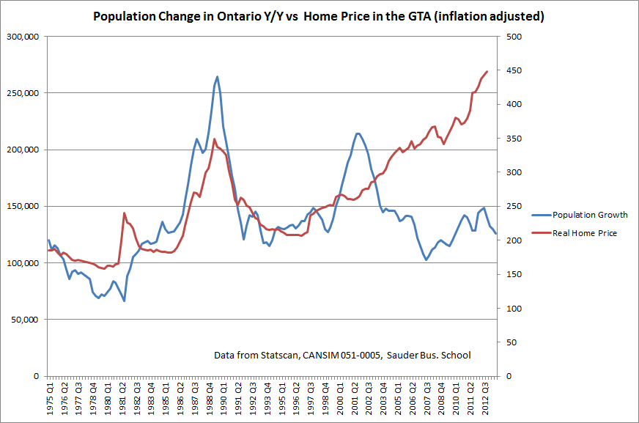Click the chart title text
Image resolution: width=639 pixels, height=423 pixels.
319,15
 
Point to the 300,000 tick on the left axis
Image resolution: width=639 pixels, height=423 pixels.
23,37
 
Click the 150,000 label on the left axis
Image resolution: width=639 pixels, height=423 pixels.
23,207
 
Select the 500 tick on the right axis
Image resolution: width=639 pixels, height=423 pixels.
511,37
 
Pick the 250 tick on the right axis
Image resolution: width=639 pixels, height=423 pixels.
511,207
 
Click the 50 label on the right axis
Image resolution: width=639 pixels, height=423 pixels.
509,342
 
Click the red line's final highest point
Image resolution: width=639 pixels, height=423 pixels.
487,71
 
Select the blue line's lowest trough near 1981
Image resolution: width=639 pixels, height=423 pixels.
125,301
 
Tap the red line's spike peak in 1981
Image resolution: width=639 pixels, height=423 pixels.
125,213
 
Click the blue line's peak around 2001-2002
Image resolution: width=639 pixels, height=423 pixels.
357,133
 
